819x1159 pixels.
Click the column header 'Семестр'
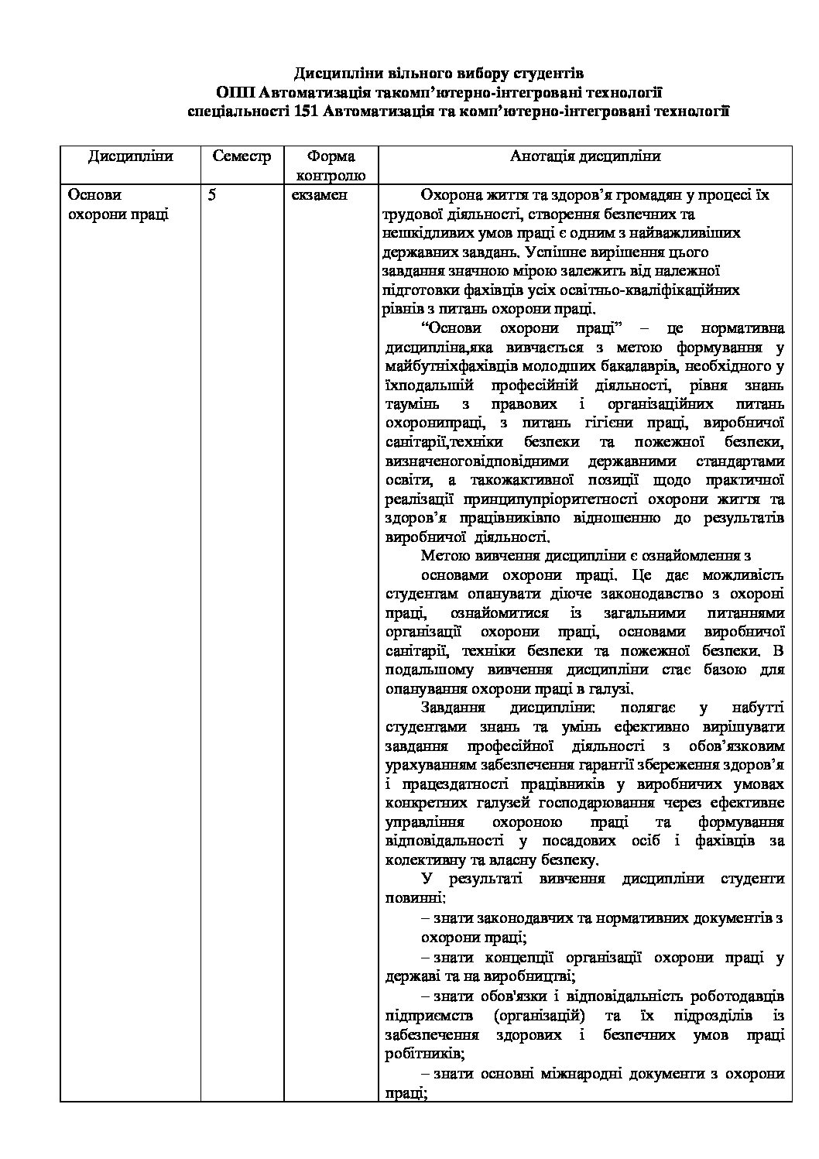pos(242,156)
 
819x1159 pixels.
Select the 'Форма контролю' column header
pos(331,165)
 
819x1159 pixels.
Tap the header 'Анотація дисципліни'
pos(585,156)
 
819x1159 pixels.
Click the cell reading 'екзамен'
pos(320,195)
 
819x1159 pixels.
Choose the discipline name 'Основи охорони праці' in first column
pos(118,204)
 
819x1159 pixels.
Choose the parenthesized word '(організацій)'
pos(540,1015)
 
